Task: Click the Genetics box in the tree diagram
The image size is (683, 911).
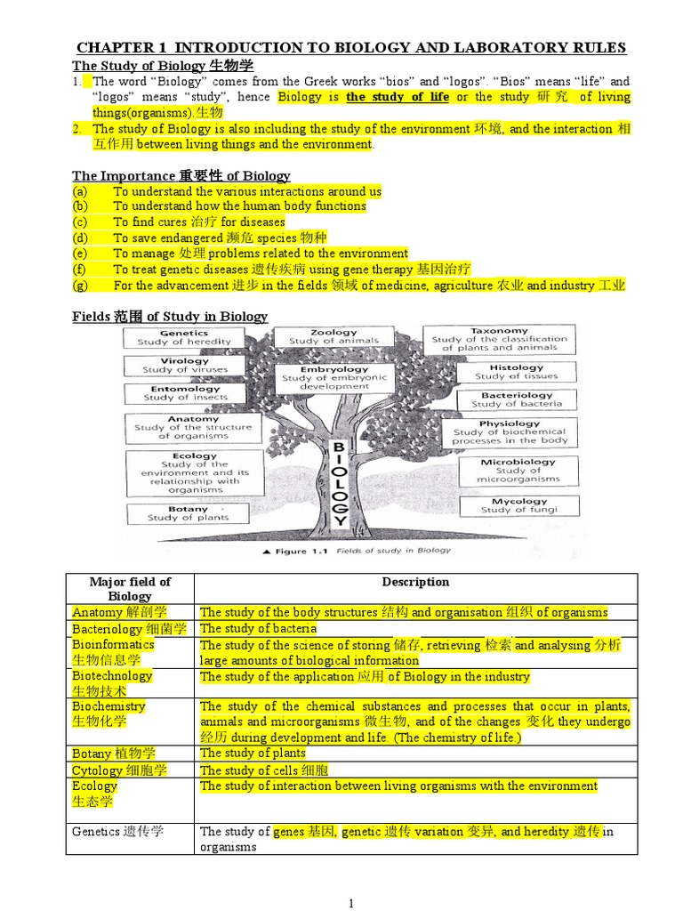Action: pyautogui.click(x=184, y=337)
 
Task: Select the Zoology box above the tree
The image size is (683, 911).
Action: pyautogui.click(x=334, y=336)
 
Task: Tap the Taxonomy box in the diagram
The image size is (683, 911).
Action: pyautogui.click(x=499, y=339)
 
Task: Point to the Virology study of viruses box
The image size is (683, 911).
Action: pyautogui.click(x=185, y=366)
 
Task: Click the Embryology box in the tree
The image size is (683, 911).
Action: pyautogui.click(x=334, y=377)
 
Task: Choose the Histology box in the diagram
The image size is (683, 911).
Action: pyautogui.click(x=517, y=372)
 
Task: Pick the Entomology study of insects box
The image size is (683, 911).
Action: pyautogui.click(x=185, y=393)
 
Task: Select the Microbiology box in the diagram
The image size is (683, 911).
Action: pyautogui.click(x=518, y=470)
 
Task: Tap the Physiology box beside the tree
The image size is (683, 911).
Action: pyautogui.click(x=510, y=431)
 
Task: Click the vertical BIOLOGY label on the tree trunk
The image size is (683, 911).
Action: pyautogui.click(x=339, y=481)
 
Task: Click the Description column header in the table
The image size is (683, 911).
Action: pyautogui.click(x=415, y=582)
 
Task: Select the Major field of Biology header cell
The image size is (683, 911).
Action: pyautogui.click(x=130, y=588)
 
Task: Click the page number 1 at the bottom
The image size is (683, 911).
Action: pyautogui.click(x=351, y=903)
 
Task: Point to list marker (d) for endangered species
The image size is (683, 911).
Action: pyautogui.click(x=81, y=238)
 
